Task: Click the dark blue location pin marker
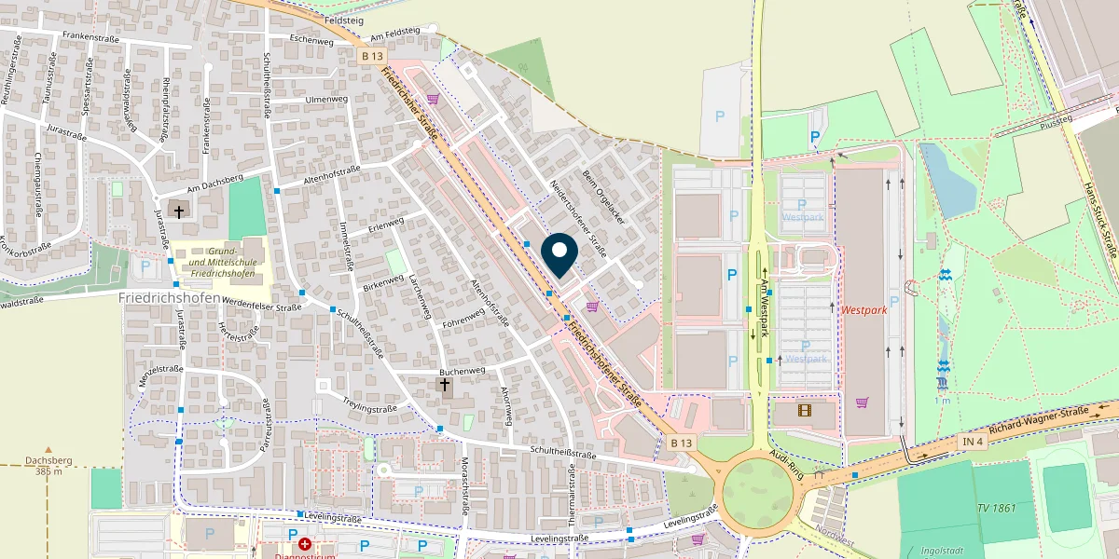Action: pyautogui.click(x=559, y=253)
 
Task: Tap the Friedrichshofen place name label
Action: pyautogui.click(x=170, y=297)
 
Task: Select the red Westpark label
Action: pyautogui.click(x=863, y=309)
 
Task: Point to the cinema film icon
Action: pyautogui.click(x=805, y=409)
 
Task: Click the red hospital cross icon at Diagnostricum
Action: pyautogui.click(x=305, y=544)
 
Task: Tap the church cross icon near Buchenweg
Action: pyautogui.click(x=445, y=385)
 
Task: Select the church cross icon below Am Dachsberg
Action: pyautogui.click(x=178, y=212)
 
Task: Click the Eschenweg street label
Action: pyautogui.click(x=311, y=41)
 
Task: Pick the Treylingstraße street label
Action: pyautogui.click(x=370, y=408)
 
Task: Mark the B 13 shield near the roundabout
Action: pyautogui.click(x=682, y=443)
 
